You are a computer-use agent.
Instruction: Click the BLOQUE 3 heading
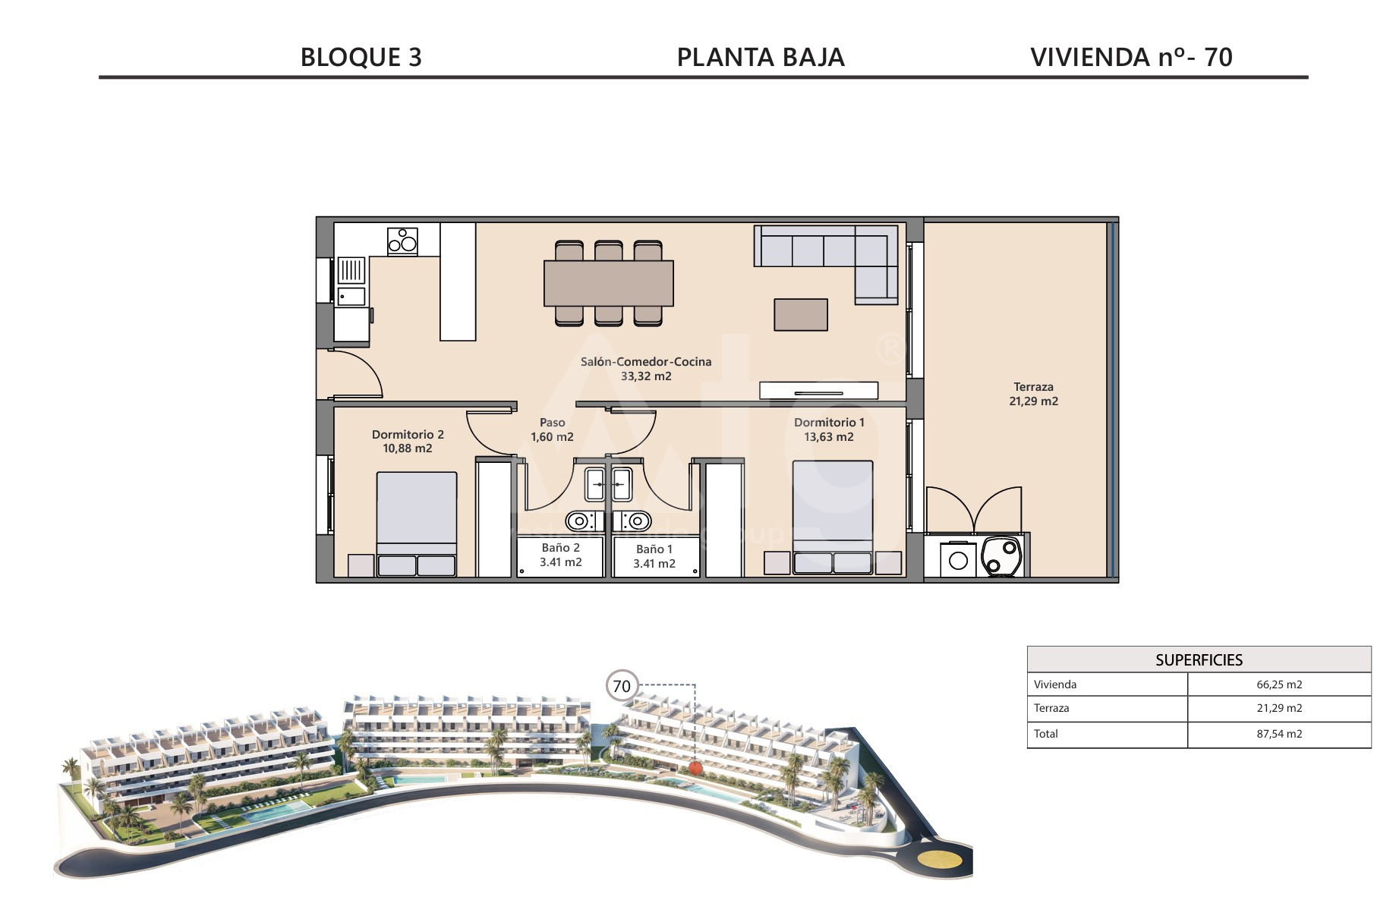[x=361, y=58]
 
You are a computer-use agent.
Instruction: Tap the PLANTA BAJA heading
[x=761, y=58]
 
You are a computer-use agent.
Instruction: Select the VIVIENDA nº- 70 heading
[x=1131, y=58]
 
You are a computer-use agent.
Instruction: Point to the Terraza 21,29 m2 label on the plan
[x=1033, y=394]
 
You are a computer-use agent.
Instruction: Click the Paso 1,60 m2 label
[x=552, y=430]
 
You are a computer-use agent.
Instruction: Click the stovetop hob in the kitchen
[x=402, y=241]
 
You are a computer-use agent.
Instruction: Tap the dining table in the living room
[x=609, y=283]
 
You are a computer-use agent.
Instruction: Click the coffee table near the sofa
[x=801, y=315]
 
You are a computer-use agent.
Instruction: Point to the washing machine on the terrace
[x=959, y=559]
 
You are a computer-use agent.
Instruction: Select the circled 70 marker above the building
[x=622, y=686]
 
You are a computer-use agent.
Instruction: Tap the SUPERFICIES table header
[x=1199, y=660]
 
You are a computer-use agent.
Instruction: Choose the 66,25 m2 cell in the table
[x=1279, y=684]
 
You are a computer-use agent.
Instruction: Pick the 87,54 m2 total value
[x=1279, y=734]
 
